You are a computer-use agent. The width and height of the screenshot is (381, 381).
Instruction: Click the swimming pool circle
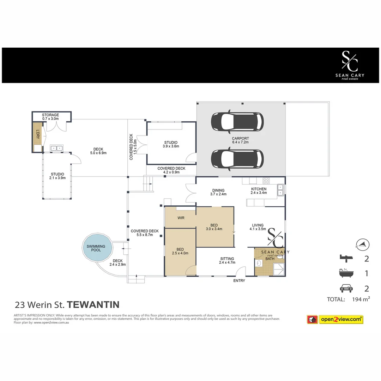96,248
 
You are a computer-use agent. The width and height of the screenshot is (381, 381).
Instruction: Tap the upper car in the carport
237,121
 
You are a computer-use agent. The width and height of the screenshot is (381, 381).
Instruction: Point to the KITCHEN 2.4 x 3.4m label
259,191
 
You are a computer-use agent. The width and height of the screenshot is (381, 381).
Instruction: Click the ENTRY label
239,280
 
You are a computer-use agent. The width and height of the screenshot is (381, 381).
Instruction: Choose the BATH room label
270,259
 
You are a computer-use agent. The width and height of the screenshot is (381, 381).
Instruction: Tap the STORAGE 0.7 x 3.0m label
50,117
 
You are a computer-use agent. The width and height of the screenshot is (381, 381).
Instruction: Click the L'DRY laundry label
37,134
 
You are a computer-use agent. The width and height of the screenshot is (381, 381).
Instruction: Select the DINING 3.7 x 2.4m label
218,192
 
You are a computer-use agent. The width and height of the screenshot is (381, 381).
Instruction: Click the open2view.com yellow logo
341,320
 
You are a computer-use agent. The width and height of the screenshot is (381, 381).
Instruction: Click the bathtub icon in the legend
346,273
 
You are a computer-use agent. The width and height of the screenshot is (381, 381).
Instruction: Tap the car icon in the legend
346,289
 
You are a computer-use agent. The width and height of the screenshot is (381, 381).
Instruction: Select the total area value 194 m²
361,300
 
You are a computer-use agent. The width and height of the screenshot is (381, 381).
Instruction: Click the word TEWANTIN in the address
93,304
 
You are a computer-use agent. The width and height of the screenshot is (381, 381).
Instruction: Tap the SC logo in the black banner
350,61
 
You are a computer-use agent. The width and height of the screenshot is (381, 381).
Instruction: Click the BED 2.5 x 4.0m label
180,251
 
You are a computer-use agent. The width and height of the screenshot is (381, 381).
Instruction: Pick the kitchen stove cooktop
266,181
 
